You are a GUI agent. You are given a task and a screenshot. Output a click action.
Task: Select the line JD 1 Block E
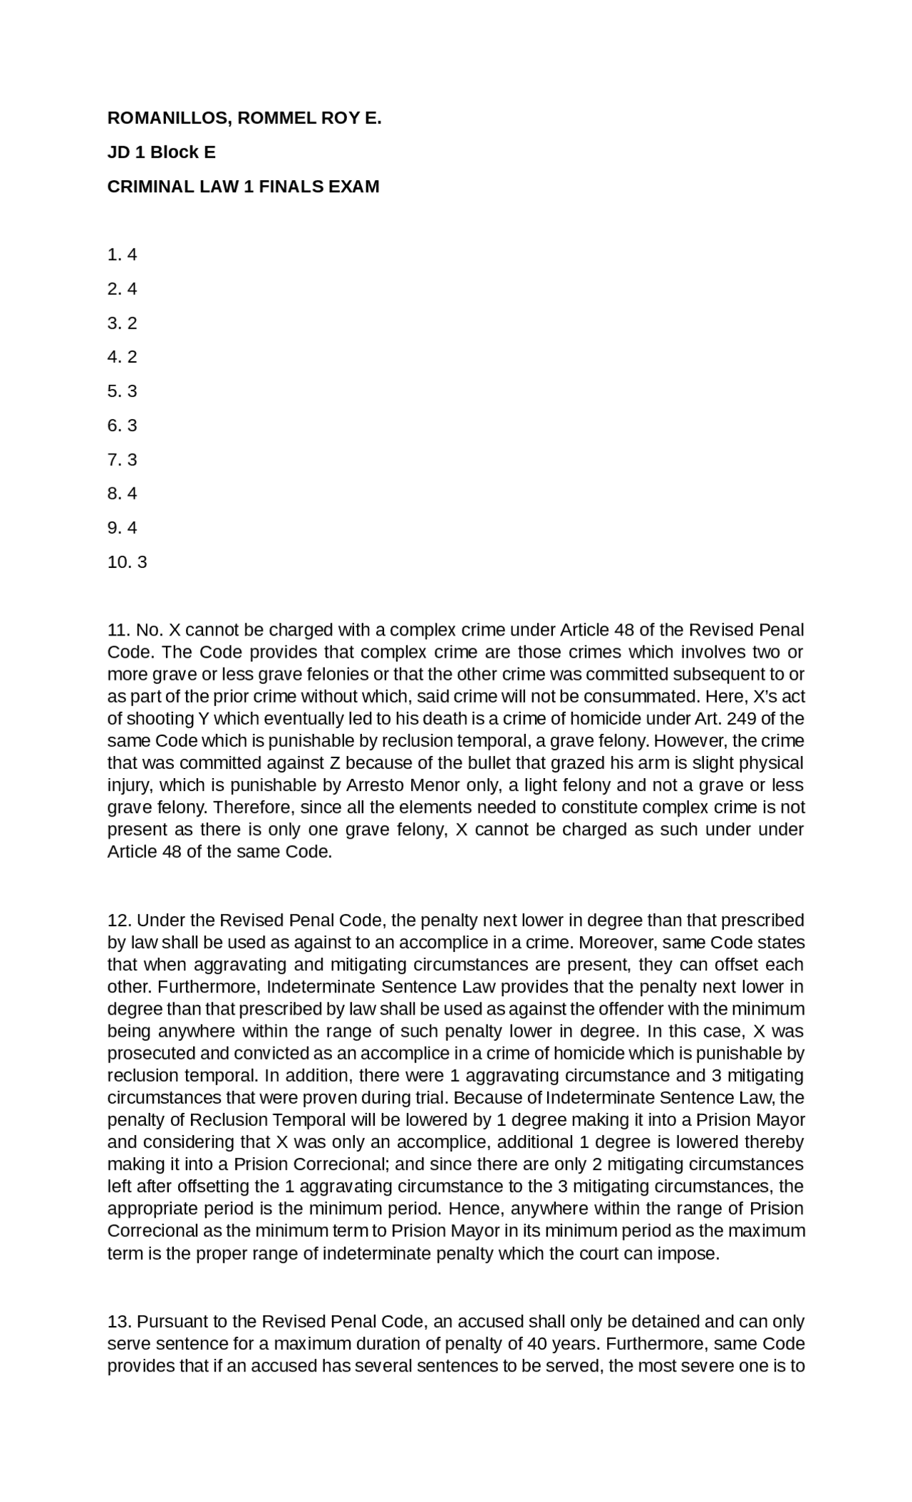click(161, 152)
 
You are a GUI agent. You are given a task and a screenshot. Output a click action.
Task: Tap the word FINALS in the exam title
click(290, 187)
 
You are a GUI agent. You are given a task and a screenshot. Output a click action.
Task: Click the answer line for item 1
click(122, 255)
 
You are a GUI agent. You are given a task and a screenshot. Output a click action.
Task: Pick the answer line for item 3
click(122, 323)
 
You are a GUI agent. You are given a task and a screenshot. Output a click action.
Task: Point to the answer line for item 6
click(122, 425)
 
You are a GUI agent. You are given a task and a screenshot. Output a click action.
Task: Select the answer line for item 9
click(122, 528)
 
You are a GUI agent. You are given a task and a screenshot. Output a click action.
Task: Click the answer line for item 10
click(127, 562)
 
